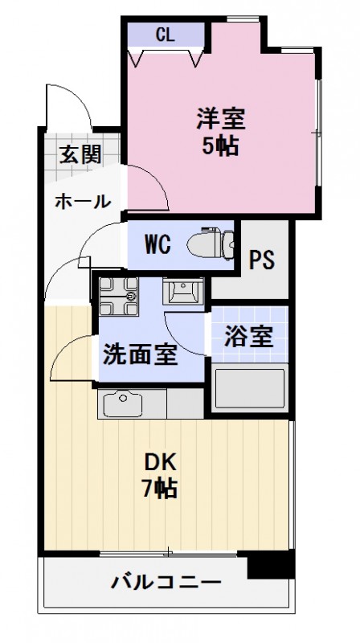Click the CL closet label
click(166, 35)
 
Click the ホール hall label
click(82, 202)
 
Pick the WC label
click(157, 244)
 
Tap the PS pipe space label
click(261, 260)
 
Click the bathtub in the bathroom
click(250, 388)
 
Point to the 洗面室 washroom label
click(139, 354)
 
